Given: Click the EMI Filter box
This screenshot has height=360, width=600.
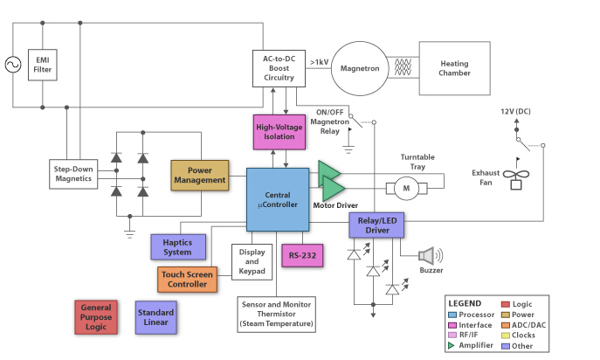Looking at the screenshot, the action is [x=43, y=65].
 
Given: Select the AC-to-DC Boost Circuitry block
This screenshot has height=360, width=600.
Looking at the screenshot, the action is [x=279, y=68].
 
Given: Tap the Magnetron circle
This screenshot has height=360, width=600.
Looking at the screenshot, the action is [x=360, y=68].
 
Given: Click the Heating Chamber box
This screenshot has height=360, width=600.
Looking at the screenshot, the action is [x=455, y=68].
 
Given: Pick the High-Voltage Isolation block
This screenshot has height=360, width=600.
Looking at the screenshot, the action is [x=279, y=132].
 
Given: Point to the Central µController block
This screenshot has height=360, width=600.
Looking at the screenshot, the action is [x=278, y=199].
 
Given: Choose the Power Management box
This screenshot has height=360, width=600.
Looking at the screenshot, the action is [x=200, y=176].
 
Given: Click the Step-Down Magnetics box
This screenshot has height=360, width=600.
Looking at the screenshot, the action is [x=73, y=174].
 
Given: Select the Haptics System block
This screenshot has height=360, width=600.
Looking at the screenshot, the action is [x=178, y=247].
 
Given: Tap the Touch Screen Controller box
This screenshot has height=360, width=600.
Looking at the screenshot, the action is [x=187, y=280].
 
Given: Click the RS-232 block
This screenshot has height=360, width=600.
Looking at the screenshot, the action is [x=302, y=255].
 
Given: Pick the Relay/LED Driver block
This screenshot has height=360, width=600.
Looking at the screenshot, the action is [x=376, y=225].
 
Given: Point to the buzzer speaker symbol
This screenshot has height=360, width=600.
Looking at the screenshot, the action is [x=430, y=256].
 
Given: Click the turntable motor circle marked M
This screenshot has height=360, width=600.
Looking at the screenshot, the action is [x=406, y=188].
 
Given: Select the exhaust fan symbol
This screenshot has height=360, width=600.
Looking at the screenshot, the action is [x=516, y=178].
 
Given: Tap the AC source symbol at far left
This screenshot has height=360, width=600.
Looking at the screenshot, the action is [x=13, y=65].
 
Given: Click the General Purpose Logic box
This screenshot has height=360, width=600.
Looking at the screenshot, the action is [x=96, y=317].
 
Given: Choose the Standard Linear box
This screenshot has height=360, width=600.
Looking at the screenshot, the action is [x=155, y=317].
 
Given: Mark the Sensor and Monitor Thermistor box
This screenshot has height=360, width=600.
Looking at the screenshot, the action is [x=276, y=314].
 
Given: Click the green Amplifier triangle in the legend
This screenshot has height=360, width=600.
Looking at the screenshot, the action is [x=452, y=345].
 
